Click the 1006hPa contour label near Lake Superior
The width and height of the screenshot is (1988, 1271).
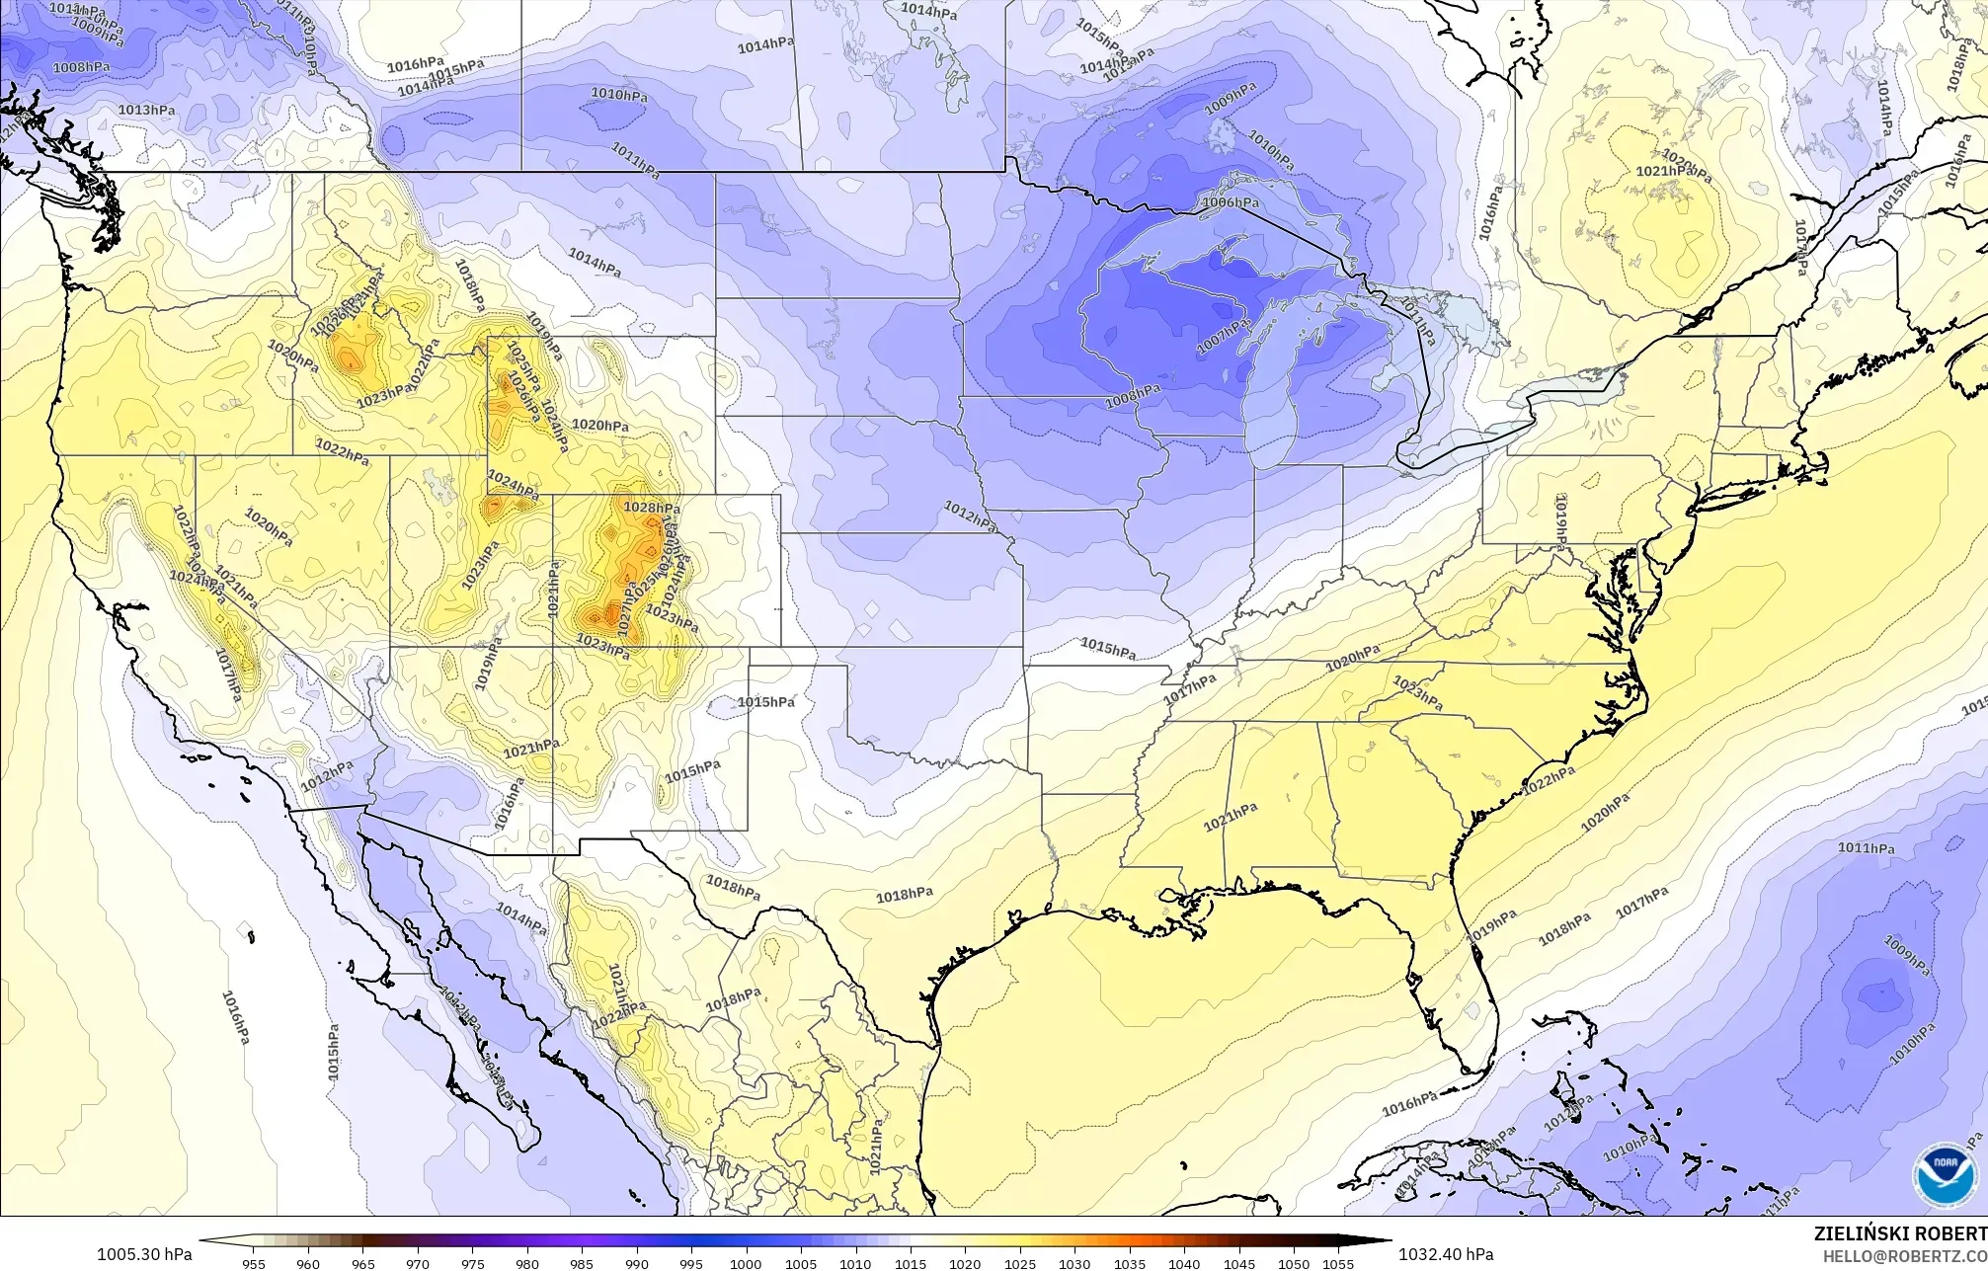coord(1230,202)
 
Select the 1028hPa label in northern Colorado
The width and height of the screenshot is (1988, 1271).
coord(652,508)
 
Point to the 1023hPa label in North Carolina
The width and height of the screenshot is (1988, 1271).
coord(1417,690)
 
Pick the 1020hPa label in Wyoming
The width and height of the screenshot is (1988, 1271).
coord(600,426)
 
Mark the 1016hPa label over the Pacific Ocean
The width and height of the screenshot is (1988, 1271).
coord(235,1017)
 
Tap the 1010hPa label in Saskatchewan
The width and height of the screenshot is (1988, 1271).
coord(619,95)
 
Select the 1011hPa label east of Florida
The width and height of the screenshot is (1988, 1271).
coord(1866,847)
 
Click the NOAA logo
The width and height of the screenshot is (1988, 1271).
coord(1945,1176)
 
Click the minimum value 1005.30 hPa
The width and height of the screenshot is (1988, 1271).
coord(144,1254)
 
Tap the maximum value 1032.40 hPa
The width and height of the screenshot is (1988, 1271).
coord(1445,1254)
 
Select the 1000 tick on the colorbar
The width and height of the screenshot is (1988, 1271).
coord(746,1263)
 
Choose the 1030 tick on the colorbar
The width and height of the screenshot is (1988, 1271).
coord(1074,1263)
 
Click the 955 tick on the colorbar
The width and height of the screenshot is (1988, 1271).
coord(253,1263)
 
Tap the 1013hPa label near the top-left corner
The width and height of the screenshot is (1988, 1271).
coord(147,110)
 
